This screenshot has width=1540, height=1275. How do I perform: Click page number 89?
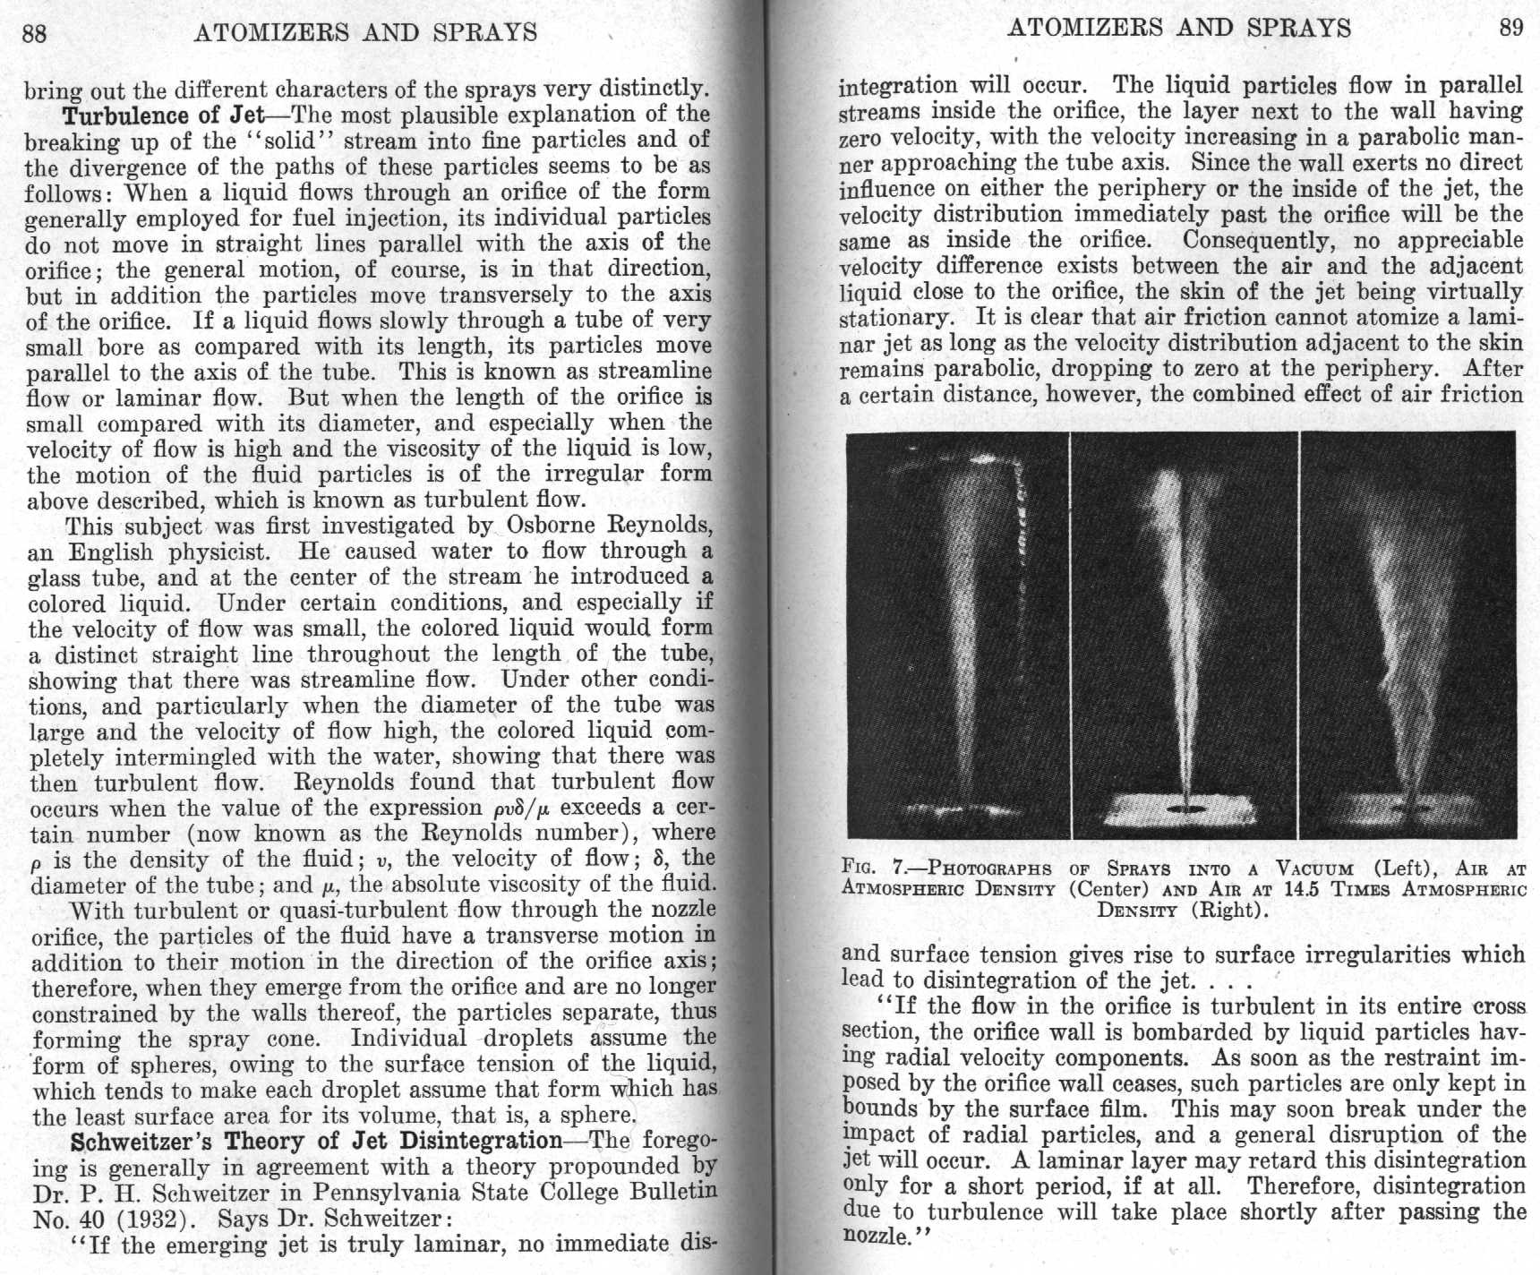coord(1510,28)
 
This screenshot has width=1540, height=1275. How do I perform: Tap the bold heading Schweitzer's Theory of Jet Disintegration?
coord(316,1142)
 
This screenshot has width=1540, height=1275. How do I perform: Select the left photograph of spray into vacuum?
coord(956,634)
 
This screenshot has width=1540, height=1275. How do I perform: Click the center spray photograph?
coord(1184,634)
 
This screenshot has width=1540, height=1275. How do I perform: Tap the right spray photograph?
coord(1407,634)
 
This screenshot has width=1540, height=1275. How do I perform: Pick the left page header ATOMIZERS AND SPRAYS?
coord(365,33)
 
